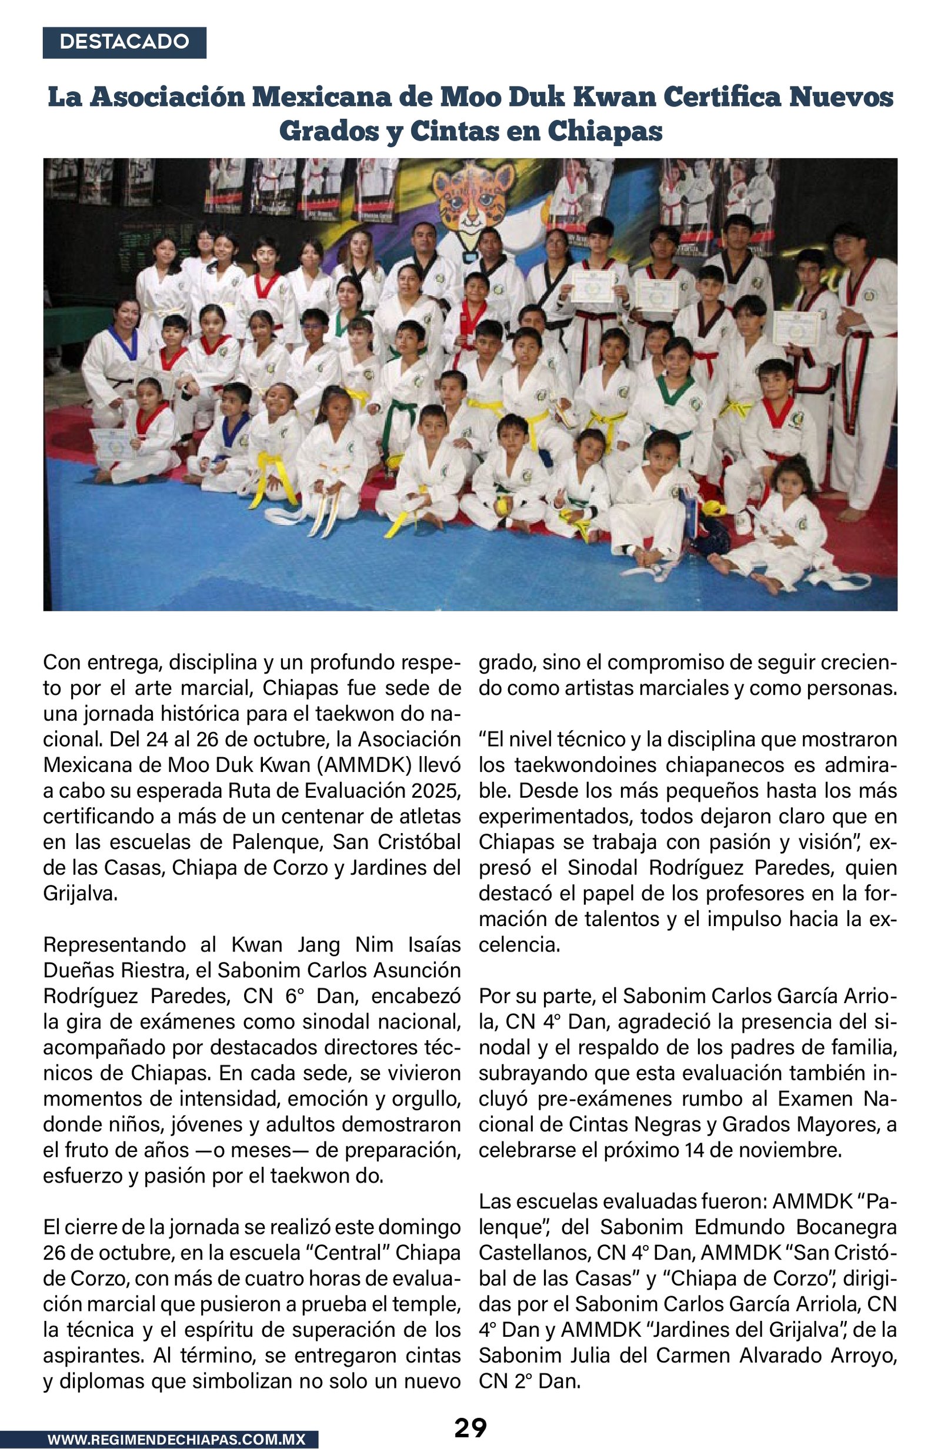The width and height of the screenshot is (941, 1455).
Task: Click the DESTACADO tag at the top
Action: point(124,42)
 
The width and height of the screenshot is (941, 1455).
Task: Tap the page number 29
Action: point(470,1428)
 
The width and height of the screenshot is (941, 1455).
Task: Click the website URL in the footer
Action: point(176,1440)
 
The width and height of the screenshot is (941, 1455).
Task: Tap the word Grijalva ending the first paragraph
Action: point(79,893)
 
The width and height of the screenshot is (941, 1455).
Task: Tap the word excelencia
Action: point(519,945)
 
